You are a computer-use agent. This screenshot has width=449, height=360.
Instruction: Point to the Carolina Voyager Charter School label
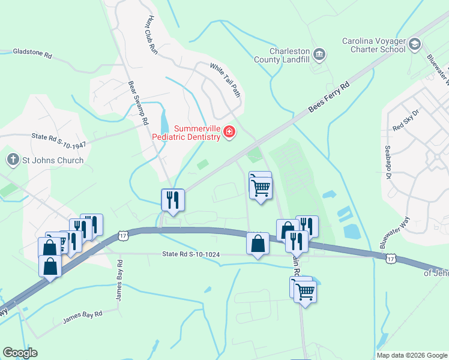click(x=373, y=45)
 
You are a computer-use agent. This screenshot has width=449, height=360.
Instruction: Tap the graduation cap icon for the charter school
click(x=415, y=44)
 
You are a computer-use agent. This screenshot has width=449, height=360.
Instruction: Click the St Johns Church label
click(x=53, y=160)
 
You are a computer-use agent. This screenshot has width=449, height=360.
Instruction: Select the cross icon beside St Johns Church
click(x=13, y=160)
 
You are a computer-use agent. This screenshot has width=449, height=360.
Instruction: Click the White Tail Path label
click(x=225, y=80)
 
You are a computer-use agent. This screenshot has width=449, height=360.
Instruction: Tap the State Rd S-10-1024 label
click(x=191, y=254)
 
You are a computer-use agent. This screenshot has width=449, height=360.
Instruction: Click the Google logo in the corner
click(x=20, y=353)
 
